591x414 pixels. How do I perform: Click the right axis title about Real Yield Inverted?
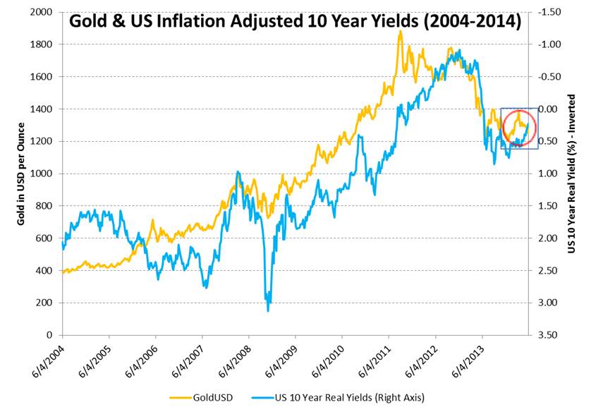pos(572,173)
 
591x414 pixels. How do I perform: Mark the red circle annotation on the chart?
pos(520,128)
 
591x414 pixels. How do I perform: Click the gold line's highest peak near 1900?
pos(401,32)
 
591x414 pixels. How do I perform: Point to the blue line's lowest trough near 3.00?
pos(268,310)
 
